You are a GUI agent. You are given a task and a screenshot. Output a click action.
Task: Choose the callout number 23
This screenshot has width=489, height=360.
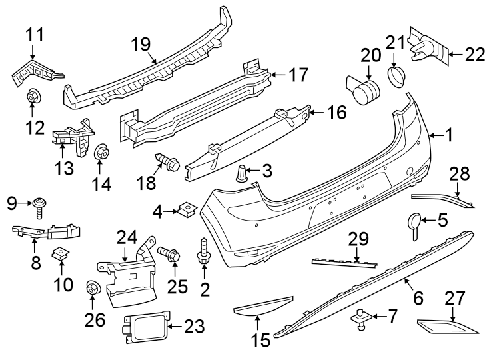coord(194,326)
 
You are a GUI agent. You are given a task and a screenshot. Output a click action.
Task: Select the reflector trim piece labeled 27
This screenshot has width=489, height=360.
coord(445,327)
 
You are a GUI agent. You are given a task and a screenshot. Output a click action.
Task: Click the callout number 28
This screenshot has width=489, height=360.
coord(459,175)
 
